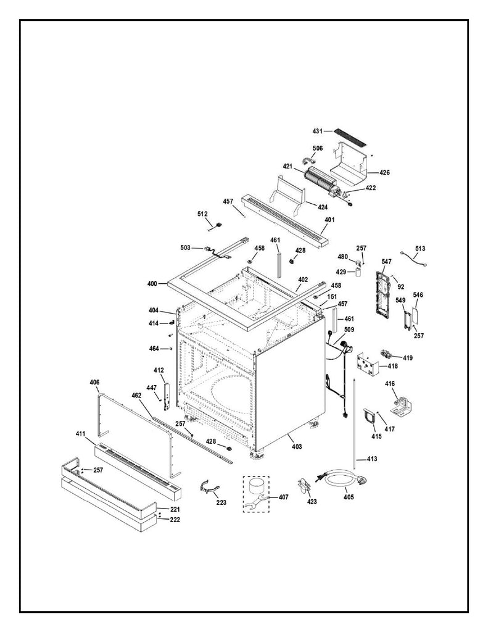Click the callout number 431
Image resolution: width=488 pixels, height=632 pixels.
[x=317, y=131]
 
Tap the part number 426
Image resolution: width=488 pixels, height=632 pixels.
[x=384, y=172]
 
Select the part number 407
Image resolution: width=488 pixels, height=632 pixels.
[x=283, y=497]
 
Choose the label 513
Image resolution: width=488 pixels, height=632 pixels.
[x=420, y=249]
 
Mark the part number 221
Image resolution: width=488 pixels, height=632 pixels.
[x=175, y=509]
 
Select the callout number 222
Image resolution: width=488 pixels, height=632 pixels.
[x=175, y=519]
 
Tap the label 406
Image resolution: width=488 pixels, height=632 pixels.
[x=94, y=383]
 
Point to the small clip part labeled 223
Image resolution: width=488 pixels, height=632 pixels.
[x=209, y=487]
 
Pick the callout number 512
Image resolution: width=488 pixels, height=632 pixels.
[x=202, y=214]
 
